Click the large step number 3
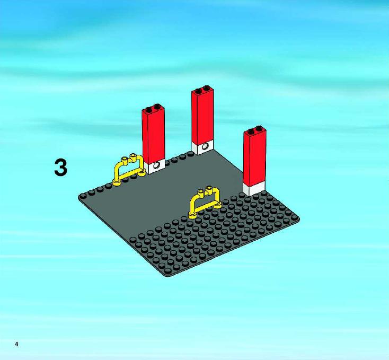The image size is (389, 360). (x=61, y=168)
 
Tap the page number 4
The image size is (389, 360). (x=16, y=344)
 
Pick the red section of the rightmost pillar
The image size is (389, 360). (x=254, y=159)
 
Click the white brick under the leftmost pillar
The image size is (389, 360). (x=156, y=166)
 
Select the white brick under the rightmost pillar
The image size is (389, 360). (x=255, y=190)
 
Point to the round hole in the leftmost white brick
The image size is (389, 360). (x=157, y=165)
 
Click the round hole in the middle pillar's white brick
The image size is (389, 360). (x=205, y=146)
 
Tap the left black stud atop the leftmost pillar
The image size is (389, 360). (x=148, y=109)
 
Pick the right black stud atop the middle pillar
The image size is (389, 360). (x=206, y=88)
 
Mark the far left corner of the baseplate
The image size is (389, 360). (x=79, y=197)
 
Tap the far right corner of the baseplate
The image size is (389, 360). (x=298, y=219)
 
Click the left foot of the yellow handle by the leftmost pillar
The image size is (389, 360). (x=116, y=183)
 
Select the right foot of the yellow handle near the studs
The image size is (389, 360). (x=218, y=205)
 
